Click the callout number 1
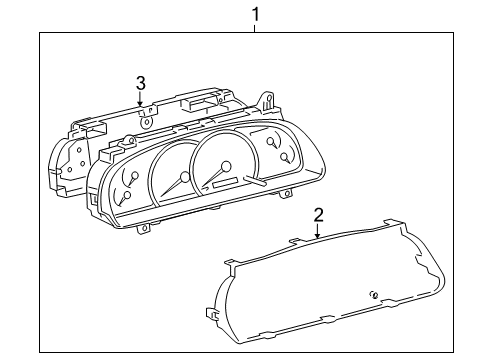tap(256, 14)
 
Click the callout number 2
tap(318, 214)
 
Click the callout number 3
tap(141, 82)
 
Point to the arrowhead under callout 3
tap(141, 103)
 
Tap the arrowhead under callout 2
tap(318, 236)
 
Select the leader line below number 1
tap(256, 28)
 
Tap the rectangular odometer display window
tap(225, 181)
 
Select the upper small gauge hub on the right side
tap(272, 144)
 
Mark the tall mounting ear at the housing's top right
tap(267, 101)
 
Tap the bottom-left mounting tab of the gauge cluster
tap(145, 228)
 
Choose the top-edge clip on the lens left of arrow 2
tap(293, 242)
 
